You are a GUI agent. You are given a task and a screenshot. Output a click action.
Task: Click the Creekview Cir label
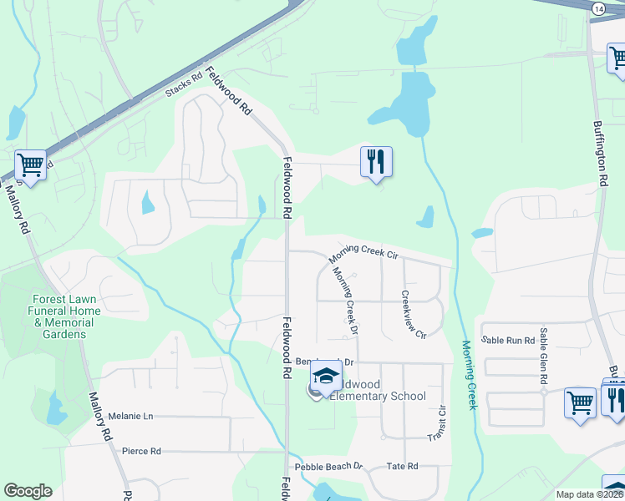coord(413,314)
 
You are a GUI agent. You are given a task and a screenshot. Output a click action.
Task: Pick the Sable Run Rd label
coord(509,340)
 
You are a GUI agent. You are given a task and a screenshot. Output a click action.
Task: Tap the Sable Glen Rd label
coord(544,356)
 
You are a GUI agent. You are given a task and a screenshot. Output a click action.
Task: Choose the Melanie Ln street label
coord(131,416)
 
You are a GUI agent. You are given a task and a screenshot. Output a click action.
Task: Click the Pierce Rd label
coord(141,451)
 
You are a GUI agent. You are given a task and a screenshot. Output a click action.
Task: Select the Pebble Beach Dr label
coord(328,466)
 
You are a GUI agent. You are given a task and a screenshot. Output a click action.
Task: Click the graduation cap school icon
coord(326,376)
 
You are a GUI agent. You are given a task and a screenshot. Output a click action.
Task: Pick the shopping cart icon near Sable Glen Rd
coord(579,402)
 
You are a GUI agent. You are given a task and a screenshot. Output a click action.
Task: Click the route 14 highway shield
coord(598,8)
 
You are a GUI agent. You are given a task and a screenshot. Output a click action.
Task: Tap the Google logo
coord(28,491)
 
